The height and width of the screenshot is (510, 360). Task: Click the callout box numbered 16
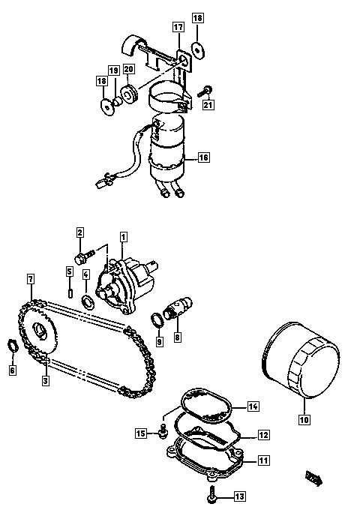(203, 157)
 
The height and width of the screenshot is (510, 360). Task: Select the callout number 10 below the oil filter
(304, 419)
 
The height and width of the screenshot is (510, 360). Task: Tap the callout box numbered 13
(239, 496)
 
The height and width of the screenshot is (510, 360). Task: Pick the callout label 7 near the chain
(31, 279)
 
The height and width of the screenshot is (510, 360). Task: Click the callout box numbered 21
(208, 105)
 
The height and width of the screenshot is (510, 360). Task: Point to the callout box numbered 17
(178, 27)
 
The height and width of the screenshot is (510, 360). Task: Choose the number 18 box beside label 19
(102, 81)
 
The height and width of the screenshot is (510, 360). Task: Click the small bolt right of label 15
(163, 431)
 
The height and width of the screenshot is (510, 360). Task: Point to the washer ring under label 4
(88, 303)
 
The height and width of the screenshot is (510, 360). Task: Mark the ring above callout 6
(12, 346)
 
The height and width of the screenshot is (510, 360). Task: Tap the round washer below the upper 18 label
(197, 50)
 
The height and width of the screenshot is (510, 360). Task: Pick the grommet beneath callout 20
(130, 94)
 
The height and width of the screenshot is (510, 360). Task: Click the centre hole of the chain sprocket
(40, 331)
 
